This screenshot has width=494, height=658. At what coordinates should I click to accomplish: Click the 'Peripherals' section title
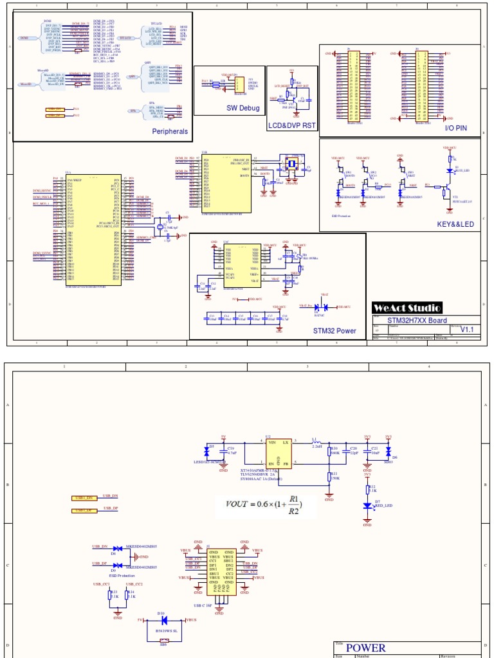point(170,131)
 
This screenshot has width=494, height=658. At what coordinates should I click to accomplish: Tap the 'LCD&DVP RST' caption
point(292,126)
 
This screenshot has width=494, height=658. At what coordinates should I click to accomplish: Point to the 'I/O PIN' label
point(456,129)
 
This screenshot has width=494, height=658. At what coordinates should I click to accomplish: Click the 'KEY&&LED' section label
point(455,224)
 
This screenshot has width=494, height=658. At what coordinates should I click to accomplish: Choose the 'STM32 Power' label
point(334,331)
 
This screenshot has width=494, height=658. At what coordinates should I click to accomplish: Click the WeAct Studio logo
point(407,308)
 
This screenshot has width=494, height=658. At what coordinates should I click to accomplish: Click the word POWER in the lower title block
point(365,648)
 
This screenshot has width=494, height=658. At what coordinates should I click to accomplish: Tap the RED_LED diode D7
point(367,506)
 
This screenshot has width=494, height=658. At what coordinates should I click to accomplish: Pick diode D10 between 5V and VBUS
point(163,621)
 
